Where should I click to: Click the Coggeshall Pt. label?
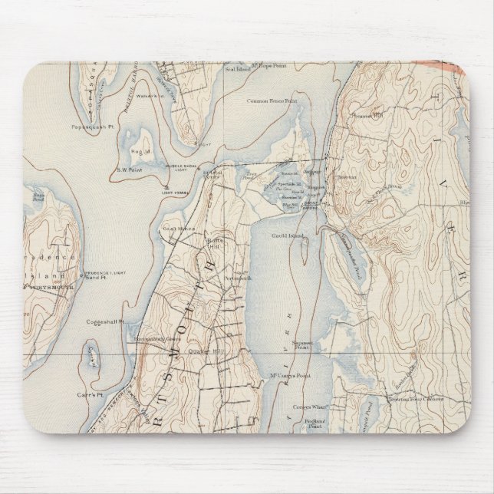pos(105,321)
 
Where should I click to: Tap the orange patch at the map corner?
pos(453,67)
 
